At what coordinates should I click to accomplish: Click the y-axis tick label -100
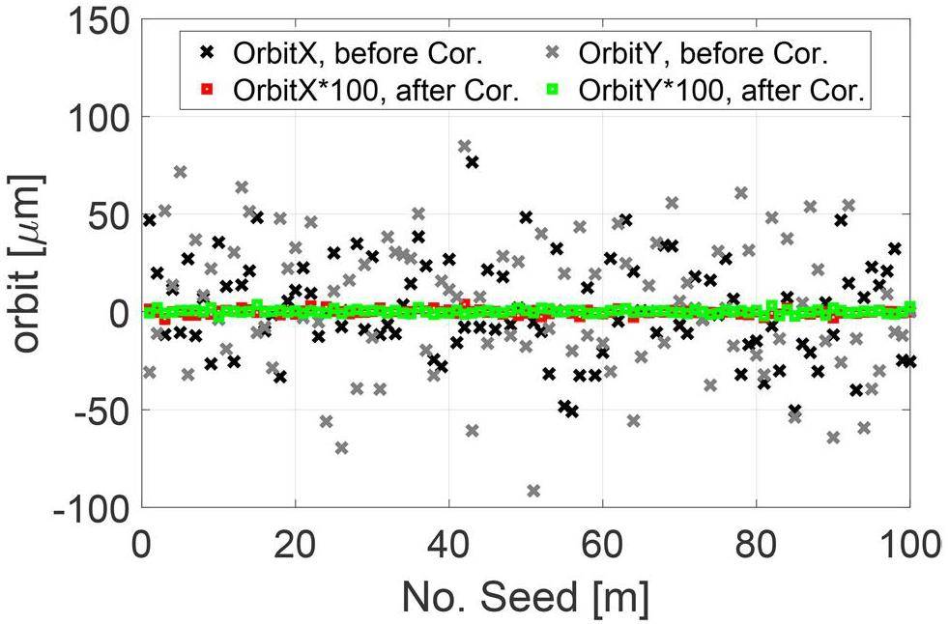88,508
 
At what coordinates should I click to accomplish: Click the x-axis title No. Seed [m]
526,597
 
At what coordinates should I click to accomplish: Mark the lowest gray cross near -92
533,491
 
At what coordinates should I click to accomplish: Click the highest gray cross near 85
464,146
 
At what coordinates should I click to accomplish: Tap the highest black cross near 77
472,161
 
